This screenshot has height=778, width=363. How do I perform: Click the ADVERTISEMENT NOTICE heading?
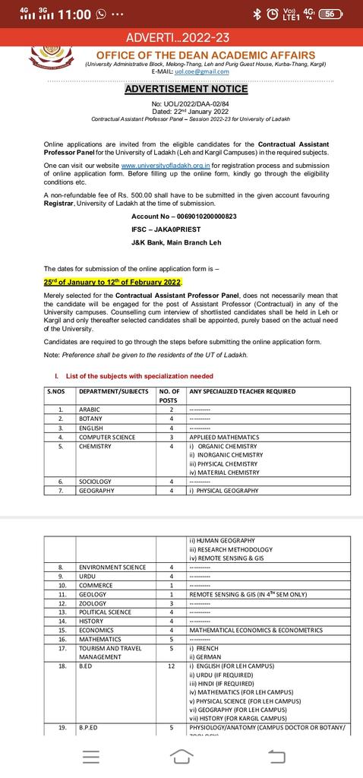point(181,88)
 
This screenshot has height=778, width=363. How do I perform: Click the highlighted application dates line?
point(113,282)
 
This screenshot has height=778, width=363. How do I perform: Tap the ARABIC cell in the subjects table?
point(90,410)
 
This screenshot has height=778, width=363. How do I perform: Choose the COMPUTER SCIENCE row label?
point(107,437)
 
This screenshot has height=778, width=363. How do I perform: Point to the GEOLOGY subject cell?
point(93,594)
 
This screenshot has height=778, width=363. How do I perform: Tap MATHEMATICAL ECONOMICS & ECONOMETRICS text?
point(256,630)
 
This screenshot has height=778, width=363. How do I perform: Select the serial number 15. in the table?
point(62,630)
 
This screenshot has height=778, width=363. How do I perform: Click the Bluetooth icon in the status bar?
point(257,14)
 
